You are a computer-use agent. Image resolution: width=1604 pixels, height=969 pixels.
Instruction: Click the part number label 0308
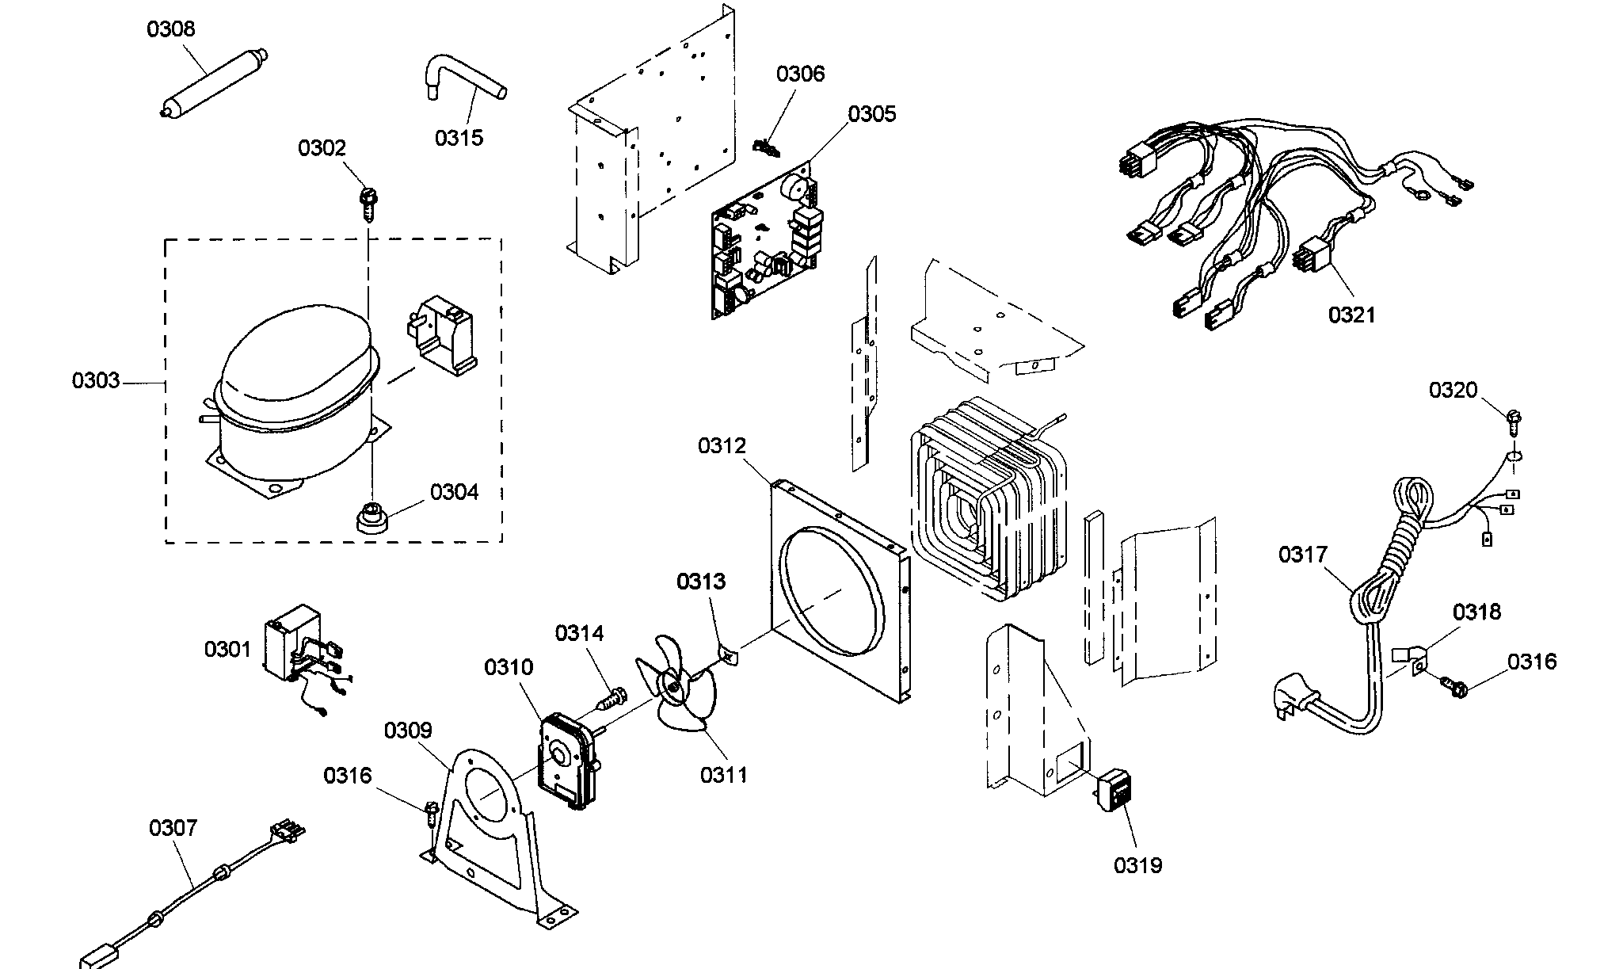[170, 29]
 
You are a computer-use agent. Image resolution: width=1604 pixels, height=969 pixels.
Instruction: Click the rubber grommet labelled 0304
[370, 517]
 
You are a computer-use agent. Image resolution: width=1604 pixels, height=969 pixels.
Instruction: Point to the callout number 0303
[96, 381]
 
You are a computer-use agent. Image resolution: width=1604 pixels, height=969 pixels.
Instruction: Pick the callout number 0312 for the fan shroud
[722, 446]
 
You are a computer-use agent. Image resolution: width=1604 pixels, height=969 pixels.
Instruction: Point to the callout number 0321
[1352, 315]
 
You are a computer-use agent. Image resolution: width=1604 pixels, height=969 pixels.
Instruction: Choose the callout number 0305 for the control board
[871, 114]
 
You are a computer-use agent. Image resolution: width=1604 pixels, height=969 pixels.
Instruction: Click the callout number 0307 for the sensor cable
[173, 829]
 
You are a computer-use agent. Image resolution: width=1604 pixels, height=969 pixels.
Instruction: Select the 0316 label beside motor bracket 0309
[347, 775]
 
